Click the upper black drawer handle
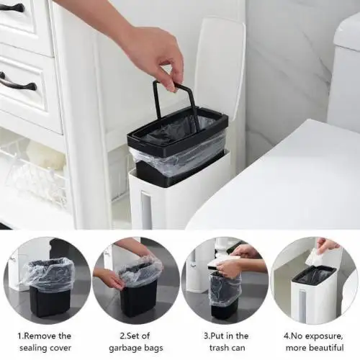(x=13, y=8)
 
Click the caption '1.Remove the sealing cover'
(x=45, y=342)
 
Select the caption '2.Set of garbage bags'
(x=135, y=342)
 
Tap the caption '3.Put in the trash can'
(x=225, y=342)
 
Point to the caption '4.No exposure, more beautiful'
(x=315, y=342)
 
